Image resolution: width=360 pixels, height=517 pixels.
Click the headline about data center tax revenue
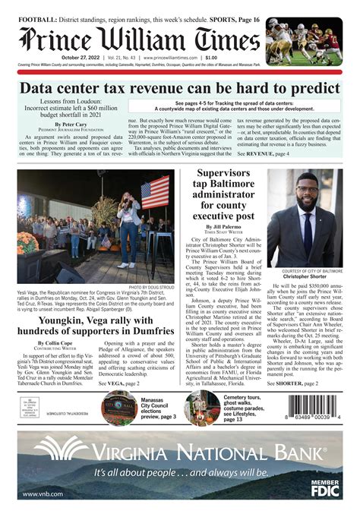coord(180,87)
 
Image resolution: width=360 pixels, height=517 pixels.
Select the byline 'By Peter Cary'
coord(74,124)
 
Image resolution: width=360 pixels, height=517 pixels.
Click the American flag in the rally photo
coord(155,194)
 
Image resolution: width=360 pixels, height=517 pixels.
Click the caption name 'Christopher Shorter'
coord(307,277)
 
